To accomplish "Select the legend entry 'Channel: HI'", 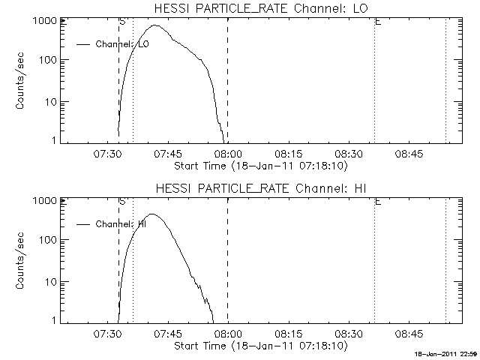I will tap(121, 223).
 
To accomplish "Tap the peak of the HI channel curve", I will tap(151, 214).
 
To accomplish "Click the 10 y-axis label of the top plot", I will tap(51, 101).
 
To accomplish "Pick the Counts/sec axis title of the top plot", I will tap(22, 80).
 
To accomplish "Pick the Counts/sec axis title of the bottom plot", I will tap(22, 260).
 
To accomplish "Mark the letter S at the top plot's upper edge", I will tap(121, 22).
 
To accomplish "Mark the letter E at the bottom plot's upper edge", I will tap(377, 202).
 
